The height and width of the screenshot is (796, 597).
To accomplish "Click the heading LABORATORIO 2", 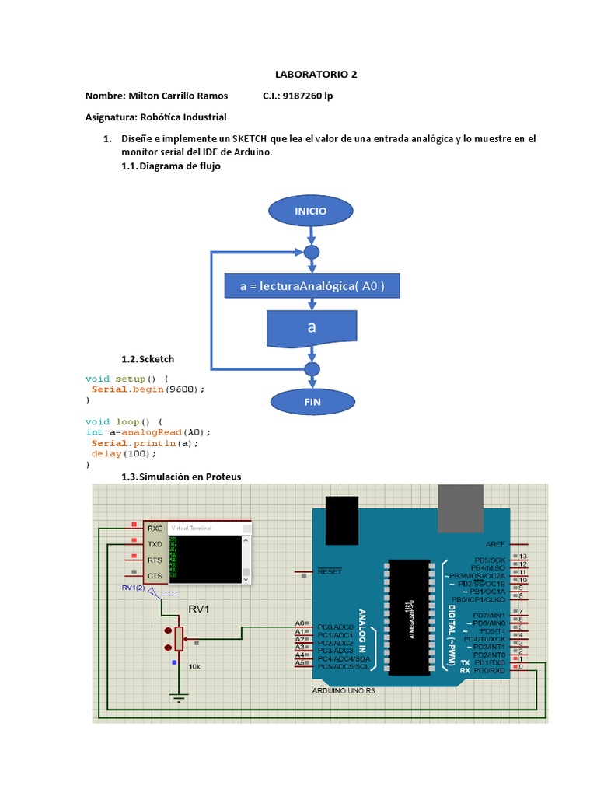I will click(316, 75).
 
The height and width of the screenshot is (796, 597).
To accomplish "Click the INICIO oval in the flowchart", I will click(310, 211).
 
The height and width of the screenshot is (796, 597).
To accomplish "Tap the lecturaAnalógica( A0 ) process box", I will click(312, 286).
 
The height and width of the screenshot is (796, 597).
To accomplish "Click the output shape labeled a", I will click(312, 328).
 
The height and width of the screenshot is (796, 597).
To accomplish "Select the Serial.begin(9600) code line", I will click(148, 389).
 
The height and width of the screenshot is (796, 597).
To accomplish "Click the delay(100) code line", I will click(119, 453).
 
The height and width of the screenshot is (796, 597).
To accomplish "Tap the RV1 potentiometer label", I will click(200, 609).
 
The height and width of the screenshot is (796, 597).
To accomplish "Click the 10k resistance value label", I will click(194, 666).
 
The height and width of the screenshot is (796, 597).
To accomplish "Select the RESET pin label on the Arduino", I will click(330, 571).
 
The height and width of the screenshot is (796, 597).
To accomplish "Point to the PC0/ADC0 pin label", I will click(336, 626).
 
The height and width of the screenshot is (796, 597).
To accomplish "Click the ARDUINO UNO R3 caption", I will click(344, 690).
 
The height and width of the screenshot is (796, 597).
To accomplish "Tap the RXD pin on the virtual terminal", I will click(155, 529).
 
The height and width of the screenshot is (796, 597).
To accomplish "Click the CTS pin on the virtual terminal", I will click(155, 576).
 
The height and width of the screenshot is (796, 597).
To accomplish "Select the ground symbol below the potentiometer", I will click(180, 697).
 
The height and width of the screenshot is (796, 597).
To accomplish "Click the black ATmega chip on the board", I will click(409, 616).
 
